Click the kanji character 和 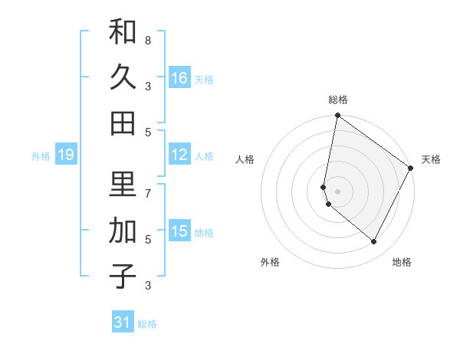point(123,31)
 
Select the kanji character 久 point(123,77)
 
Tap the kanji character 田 point(123,123)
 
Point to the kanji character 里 point(123,185)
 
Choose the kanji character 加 point(123,231)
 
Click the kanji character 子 point(123,277)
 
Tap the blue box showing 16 point(179,78)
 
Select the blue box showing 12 point(179,155)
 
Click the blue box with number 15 point(179,231)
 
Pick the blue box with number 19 point(66,155)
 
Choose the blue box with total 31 point(123,322)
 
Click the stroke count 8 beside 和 point(148,40)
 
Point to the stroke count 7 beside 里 point(148,193)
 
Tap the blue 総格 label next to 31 point(147,324)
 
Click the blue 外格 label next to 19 point(41,156)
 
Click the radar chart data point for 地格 point(374,242)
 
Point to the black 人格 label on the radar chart point(245,159)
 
